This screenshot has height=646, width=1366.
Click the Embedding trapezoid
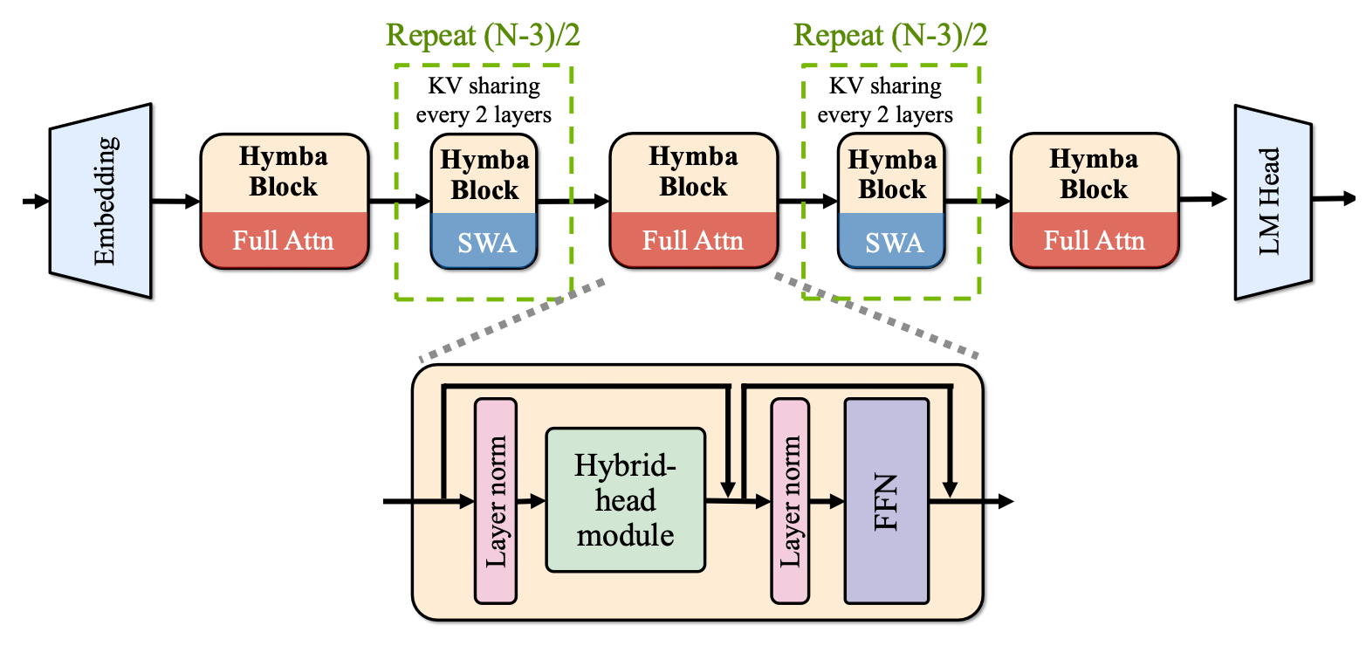pos(101,202)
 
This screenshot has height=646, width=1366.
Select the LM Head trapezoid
pos(1273,202)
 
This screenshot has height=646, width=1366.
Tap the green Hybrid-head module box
pos(625,499)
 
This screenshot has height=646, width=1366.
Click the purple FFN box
pos(886,500)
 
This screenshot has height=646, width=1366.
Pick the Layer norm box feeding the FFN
pos(791,500)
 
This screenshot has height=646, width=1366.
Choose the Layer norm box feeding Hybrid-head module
pos(495,500)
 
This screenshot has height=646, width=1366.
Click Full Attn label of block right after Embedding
pos(283,240)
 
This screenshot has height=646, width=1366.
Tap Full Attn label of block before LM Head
pos(1094,240)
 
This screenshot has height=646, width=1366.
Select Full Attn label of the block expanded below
pos(693,240)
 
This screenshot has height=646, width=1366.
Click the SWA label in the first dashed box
pos(484,242)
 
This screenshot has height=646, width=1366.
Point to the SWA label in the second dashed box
pos(892,242)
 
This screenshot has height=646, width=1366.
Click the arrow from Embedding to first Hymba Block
pos(175,203)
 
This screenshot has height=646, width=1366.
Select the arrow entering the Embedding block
pos(36,203)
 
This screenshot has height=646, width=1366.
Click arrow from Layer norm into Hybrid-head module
pos(531,501)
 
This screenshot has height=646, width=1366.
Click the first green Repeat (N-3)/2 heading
pos(484,36)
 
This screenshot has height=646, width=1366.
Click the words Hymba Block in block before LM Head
pos(1094,174)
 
